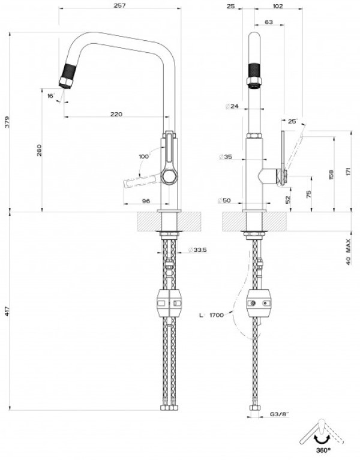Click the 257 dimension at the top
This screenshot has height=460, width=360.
point(119,5)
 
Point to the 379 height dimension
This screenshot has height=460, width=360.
point(8,122)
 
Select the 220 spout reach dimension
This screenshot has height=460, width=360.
point(116,114)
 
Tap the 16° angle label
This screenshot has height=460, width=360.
point(51,95)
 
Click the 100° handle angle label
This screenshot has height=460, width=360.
point(144,157)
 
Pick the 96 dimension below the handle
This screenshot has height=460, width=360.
point(146,201)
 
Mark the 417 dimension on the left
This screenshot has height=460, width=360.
point(8,311)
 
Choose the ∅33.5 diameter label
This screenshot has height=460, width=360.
point(198,250)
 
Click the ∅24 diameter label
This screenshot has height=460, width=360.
point(232,106)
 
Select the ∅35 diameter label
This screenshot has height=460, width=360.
point(226,157)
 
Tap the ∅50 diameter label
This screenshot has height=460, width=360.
point(224,201)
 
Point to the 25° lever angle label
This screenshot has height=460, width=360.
point(293,121)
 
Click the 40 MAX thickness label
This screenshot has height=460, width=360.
point(348,252)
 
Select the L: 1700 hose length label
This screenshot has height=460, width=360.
point(212,315)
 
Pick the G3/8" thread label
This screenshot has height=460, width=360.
point(280,414)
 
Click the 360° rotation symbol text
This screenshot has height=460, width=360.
point(323,449)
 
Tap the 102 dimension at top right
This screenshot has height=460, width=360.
point(278,6)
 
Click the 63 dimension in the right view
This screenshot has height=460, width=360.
point(268,22)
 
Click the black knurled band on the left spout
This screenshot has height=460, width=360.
point(70,70)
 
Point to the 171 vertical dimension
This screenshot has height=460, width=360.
point(348,171)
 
